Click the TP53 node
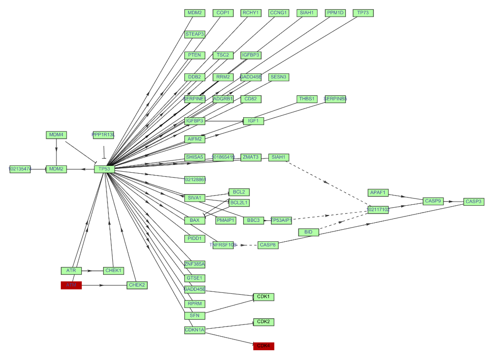click(x=104, y=169)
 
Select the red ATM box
click(x=71, y=285)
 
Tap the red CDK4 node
click(x=264, y=346)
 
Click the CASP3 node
click(x=473, y=201)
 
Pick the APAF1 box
click(x=378, y=193)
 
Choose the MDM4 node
click(x=56, y=135)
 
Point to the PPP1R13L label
click(x=103, y=135)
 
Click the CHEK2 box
click(x=137, y=285)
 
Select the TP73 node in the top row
click(x=363, y=13)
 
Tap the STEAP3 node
click(x=194, y=35)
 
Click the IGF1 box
click(x=253, y=121)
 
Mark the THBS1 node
click(x=307, y=99)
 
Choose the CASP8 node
click(x=267, y=245)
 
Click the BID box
click(x=308, y=232)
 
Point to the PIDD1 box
click(x=194, y=238)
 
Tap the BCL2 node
click(x=239, y=192)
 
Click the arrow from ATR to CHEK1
click(x=92, y=270)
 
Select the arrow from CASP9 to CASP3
click(x=453, y=201)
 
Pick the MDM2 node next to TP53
click(x=56, y=169)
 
